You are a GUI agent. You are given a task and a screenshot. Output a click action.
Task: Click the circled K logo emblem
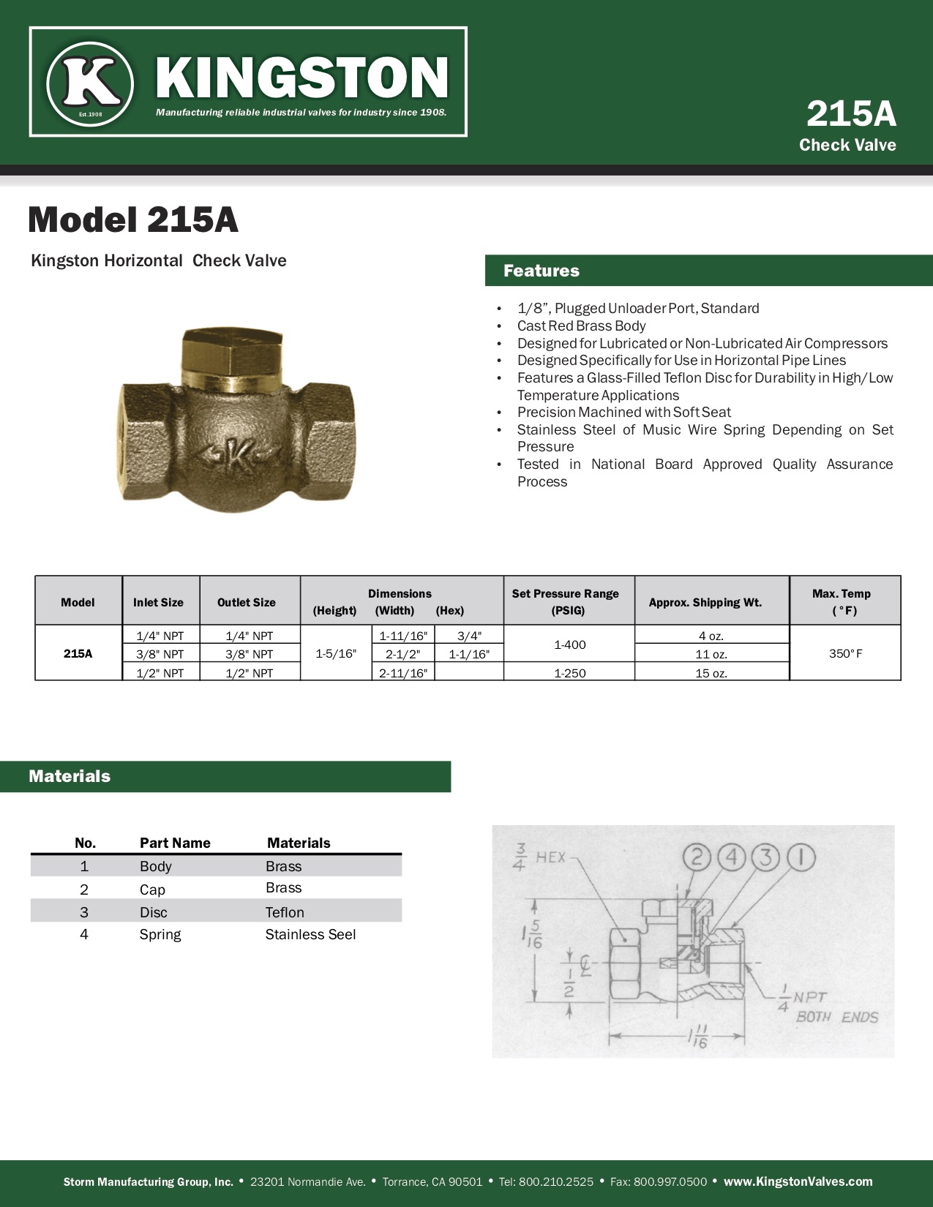[x=90, y=82]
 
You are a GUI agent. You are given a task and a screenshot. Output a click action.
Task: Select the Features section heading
[x=542, y=271]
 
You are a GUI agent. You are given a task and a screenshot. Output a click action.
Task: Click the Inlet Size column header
[x=158, y=602]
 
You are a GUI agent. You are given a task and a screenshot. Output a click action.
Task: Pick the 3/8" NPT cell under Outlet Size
[x=249, y=654]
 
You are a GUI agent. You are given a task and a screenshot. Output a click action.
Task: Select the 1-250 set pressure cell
[x=569, y=673]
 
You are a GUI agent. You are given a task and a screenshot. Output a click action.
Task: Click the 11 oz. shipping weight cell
[x=711, y=654]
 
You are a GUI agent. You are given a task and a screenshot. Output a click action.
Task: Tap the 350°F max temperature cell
[x=845, y=653]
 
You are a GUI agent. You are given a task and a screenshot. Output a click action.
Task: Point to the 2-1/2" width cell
[x=402, y=654]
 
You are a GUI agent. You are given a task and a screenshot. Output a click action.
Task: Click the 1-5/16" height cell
[x=336, y=653]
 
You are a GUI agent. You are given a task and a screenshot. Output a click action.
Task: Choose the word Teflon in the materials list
[x=285, y=912]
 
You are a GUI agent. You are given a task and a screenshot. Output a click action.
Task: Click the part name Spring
[x=160, y=934]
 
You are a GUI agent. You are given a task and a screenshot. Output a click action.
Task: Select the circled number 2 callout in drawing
[x=697, y=857]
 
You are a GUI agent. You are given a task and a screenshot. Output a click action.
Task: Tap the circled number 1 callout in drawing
[x=801, y=857]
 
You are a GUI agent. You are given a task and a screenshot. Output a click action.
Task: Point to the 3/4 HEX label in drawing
[x=542, y=857]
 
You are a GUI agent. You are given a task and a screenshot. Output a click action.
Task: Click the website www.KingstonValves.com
[x=798, y=1181]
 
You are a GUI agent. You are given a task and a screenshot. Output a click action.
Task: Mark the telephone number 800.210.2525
[x=555, y=1181]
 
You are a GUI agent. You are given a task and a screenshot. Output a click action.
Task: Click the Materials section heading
[x=70, y=776]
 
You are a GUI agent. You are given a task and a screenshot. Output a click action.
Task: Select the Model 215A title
[x=133, y=219]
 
